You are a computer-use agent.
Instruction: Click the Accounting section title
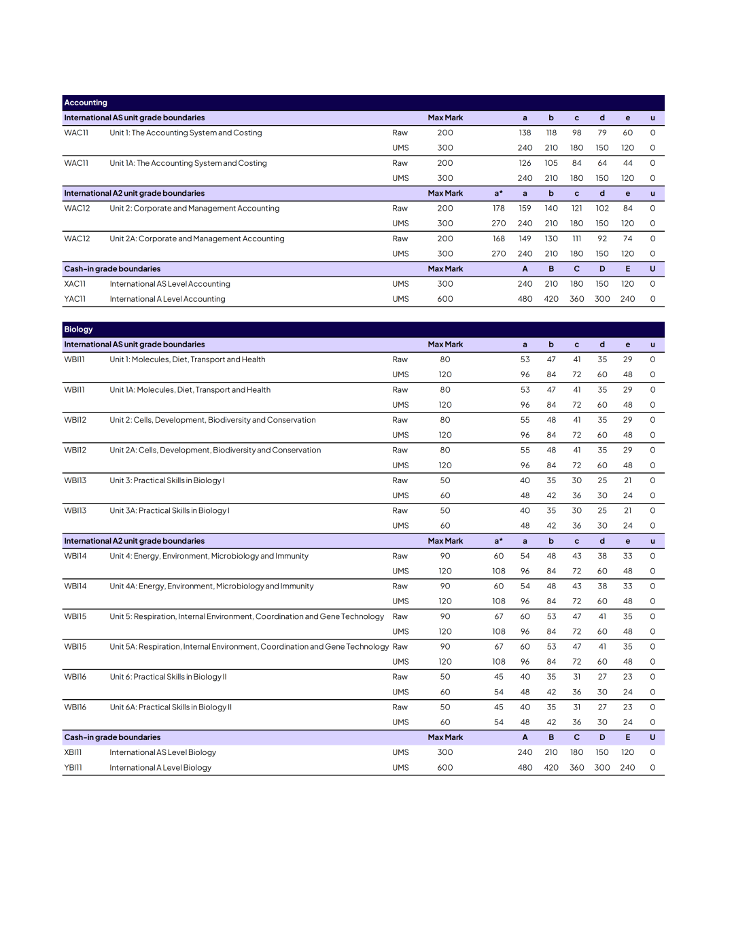(86, 103)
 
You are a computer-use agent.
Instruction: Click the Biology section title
(78, 330)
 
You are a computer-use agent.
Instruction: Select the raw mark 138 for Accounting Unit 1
(525, 133)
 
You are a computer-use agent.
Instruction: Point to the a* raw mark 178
(499, 209)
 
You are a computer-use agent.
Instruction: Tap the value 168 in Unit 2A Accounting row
(499, 239)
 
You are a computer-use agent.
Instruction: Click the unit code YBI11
(73, 768)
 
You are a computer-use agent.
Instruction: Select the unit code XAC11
(75, 284)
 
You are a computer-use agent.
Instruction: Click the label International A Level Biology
(160, 768)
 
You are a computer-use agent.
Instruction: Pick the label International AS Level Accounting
(170, 284)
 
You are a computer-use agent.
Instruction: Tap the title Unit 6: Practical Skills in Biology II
(168, 677)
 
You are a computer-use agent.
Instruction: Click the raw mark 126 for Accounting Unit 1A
(525, 163)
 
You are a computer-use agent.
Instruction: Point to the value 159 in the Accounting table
(525, 209)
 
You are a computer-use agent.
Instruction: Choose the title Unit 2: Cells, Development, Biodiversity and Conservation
(213, 420)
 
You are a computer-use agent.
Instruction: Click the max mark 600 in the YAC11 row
(445, 299)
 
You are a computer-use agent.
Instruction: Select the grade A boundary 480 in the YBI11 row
(525, 768)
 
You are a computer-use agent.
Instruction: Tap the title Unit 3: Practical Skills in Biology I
(167, 480)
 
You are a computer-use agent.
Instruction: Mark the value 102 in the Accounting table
(602, 209)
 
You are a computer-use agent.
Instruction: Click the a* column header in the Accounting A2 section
(499, 194)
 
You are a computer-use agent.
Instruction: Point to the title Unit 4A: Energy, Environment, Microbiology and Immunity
(211, 586)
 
